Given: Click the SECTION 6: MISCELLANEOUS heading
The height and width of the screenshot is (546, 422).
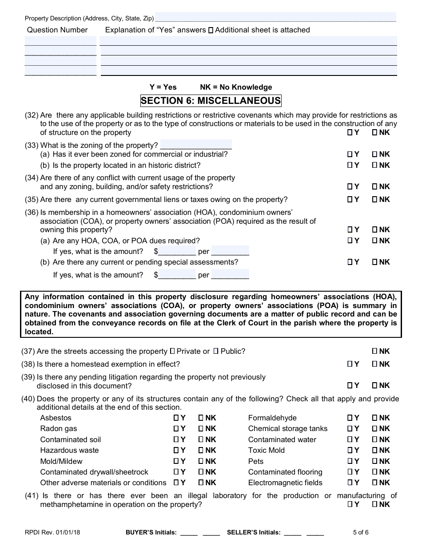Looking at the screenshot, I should (211, 101).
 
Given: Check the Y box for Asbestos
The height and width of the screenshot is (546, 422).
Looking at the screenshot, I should (176, 418).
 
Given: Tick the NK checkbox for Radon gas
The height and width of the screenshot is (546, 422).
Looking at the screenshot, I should (201, 429).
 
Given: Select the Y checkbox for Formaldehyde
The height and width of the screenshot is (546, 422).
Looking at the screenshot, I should (350, 418).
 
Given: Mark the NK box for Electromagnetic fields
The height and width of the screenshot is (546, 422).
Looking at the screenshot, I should (374, 483).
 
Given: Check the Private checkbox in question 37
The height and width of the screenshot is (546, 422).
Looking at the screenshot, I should (172, 352).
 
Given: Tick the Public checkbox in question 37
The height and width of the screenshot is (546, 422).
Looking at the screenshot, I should (216, 352).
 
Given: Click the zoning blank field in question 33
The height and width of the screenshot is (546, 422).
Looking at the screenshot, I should (196, 145).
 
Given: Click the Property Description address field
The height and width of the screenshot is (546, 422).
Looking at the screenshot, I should (275, 18).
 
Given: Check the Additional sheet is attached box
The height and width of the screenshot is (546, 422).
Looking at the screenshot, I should (211, 30).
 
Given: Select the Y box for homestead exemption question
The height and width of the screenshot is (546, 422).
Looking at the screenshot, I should (350, 364).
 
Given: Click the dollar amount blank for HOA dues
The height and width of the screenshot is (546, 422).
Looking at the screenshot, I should (177, 251).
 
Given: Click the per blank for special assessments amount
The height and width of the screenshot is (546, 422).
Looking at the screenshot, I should (230, 275).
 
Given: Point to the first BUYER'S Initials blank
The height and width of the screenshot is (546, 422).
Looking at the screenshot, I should (189, 532).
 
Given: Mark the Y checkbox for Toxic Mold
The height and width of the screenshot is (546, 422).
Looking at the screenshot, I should (350, 451).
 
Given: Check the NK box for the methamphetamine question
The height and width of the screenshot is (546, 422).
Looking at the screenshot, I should (374, 505).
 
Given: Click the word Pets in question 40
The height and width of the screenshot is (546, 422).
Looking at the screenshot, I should (256, 461).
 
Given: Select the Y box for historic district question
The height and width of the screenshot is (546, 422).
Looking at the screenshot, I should (350, 166).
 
